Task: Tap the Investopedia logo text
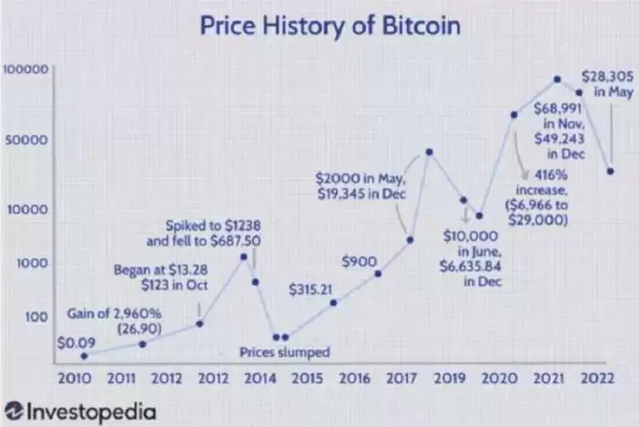79,411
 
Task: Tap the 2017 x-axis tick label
401,377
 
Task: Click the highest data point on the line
556,79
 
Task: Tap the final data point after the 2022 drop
610,171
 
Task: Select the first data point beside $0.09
84,356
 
